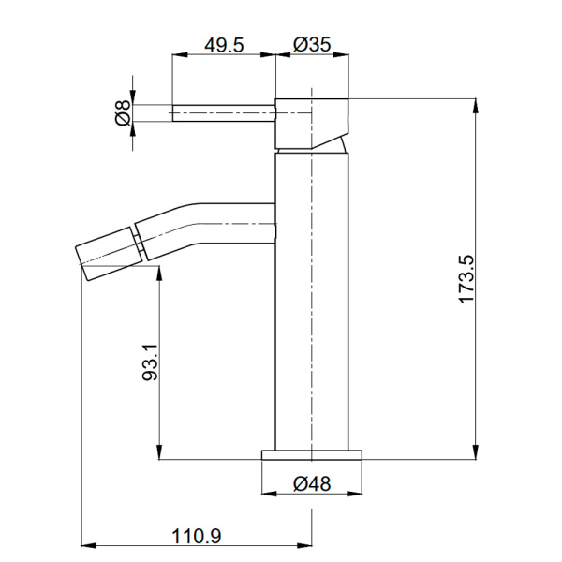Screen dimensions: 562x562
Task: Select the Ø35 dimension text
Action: tap(311, 44)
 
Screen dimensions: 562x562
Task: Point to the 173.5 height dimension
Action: tap(468, 278)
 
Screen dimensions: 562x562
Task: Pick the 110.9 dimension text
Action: tap(197, 536)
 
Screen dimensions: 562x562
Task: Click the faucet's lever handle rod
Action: tap(223, 113)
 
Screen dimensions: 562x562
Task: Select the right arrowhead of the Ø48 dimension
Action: tap(357, 494)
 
